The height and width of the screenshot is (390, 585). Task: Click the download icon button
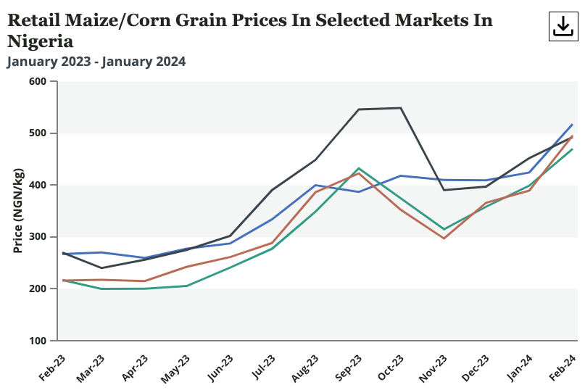click(x=563, y=27)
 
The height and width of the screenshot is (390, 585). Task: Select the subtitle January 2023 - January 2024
click(x=96, y=62)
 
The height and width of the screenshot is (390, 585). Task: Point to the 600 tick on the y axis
click(x=38, y=82)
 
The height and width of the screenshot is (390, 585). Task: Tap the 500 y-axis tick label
click(x=38, y=133)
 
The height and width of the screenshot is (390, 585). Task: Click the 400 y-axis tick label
click(x=38, y=186)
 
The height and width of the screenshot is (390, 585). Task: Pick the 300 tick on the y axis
click(x=38, y=237)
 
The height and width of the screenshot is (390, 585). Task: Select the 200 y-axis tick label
click(x=38, y=289)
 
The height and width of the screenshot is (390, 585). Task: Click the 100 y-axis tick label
click(x=38, y=341)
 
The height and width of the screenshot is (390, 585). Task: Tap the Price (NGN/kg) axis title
click(x=17, y=211)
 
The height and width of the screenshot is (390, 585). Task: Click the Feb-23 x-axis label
click(x=50, y=368)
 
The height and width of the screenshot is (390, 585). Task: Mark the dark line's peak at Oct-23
click(x=401, y=108)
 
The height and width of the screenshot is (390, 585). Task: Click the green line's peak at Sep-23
click(x=359, y=168)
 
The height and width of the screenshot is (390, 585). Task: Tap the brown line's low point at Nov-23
click(x=444, y=238)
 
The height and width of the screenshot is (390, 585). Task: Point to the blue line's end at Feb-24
click(x=572, y=125)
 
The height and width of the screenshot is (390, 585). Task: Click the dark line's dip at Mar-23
click(x=101, y=268)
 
